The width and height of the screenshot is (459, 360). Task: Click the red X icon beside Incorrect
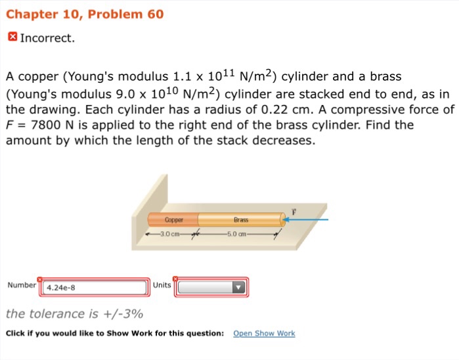point(12,37)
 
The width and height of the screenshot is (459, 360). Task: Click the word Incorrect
point(47,38)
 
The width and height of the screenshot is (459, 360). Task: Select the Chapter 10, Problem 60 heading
point(85,14)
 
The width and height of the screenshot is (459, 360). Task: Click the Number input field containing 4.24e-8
point(95,287)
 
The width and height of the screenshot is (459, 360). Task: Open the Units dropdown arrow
point(238,287)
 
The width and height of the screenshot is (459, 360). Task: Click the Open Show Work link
point(264,333)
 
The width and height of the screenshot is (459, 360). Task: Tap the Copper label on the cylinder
point(174,219)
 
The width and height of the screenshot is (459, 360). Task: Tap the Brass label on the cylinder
point(241,219)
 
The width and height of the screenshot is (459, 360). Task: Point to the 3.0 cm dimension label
point(170,234)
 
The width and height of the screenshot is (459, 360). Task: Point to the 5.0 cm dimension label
point(236,234)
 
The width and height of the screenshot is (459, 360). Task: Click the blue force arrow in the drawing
point(305,219)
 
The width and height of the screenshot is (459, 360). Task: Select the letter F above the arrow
point(294,212)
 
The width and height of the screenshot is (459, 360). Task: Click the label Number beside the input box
point(22,285)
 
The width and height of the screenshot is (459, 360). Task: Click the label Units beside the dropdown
point(162,285)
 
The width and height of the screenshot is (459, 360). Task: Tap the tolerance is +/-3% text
point(74,314)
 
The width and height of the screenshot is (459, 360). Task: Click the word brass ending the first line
point(385,76)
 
